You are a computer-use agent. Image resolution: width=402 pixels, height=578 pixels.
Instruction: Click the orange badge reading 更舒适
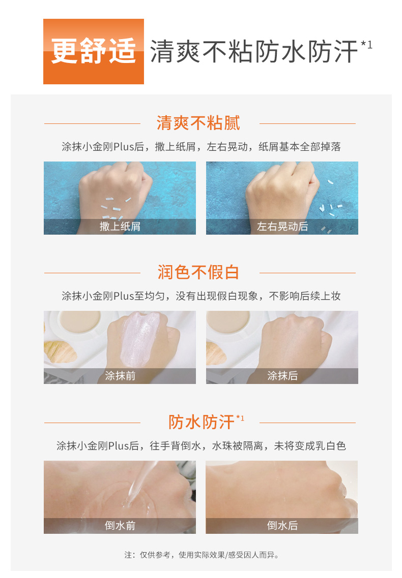coord(94,51)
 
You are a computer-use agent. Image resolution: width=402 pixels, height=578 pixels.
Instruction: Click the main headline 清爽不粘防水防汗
coord(254,51)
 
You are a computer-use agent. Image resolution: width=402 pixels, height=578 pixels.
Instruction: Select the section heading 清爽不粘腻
coord(198,123)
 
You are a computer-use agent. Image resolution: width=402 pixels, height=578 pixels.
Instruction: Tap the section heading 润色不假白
coord(198,272)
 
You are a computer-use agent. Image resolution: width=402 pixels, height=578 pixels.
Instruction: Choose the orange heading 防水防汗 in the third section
coord(202,422)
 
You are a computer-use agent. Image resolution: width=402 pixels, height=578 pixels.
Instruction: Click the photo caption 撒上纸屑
coord(120,227)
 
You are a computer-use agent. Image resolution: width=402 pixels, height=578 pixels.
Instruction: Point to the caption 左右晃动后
coord(282,227)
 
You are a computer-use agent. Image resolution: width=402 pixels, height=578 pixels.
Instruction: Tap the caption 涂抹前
coord(120,376)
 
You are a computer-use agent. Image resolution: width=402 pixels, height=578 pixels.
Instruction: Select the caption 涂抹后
coord(282,376)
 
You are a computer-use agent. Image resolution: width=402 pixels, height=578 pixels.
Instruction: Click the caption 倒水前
coord(120,525)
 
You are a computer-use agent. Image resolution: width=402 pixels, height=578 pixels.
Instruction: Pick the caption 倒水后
coord(282,525)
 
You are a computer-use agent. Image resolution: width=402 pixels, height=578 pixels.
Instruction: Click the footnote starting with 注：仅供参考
coord(202,555)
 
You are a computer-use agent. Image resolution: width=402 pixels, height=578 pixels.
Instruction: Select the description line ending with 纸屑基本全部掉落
coord(201,147)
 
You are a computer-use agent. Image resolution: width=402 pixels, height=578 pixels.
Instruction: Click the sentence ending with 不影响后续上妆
coord(201,296)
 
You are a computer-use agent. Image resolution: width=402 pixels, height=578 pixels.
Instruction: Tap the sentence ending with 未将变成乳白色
coord(201,445)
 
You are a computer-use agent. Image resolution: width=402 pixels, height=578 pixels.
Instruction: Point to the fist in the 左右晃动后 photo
coord(282,191)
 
